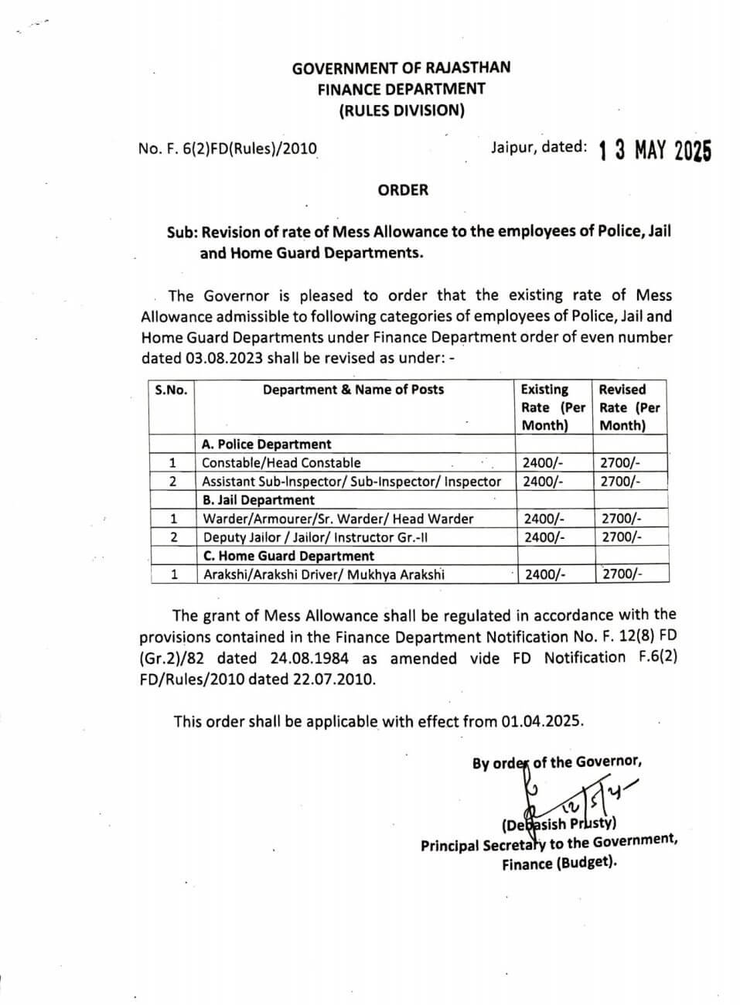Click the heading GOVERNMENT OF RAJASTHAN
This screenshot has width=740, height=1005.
pos(401,68)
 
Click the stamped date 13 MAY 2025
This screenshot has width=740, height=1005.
pos(654,150)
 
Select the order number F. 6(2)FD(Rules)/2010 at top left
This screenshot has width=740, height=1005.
pos(227,148)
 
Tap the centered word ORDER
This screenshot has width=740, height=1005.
pos(403,190)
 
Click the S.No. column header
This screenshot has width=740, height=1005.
pos(171,390)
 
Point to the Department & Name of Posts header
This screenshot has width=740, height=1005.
pos(353,390)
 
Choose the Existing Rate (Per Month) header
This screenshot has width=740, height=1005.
pos(552,407)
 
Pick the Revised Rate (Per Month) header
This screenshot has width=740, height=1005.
pos(629,407)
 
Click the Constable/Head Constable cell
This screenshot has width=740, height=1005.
pos(281,463)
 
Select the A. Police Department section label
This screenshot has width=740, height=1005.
pos(266,445)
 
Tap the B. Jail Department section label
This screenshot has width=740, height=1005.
pos(258,500)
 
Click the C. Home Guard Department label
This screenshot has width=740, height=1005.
pos(288,556)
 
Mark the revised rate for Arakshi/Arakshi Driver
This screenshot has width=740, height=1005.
pos(622,574)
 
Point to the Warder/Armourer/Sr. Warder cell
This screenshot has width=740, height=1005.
pos(338,519)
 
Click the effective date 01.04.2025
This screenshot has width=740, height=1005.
pos(541,721)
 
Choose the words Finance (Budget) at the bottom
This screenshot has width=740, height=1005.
pos(559,864)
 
